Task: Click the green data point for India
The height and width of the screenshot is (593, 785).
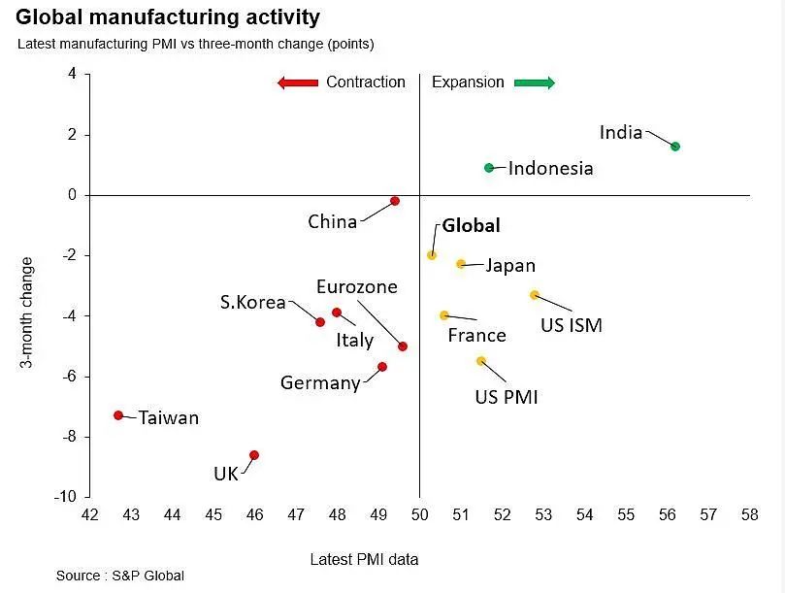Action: [x=675, y=147]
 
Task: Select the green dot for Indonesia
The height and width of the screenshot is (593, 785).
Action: [x=490, y=168]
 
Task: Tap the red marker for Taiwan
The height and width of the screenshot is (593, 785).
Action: [x=118, y=415]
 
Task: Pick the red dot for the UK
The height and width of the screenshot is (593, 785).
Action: [x=254, y=455]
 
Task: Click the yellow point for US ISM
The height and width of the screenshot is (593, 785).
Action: [x=534, y=295]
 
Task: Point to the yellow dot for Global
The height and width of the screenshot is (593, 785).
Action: [x=432, y=255]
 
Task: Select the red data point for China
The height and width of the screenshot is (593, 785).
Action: [x=395, y=201]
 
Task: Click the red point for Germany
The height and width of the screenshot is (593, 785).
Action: [x=382, y=367]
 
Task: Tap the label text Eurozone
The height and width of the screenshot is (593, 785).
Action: [x=357, y=286]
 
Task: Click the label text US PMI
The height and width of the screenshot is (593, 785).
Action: [x=506, y=397]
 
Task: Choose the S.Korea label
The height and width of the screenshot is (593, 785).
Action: [x=252, y=302]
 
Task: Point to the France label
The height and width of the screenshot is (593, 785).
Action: [x=476, y=336]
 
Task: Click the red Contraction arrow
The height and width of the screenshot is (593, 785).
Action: [x=298, y=82]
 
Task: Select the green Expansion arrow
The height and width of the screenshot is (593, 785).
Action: [x=535, y=82]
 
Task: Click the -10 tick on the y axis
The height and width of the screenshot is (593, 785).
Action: [x=65, y=497]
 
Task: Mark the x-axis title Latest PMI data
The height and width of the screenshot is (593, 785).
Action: [x=365, y=559]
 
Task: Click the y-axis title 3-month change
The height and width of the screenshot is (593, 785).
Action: [x=27, y=313]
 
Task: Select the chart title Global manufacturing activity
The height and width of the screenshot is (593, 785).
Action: [x=168, y=17]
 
